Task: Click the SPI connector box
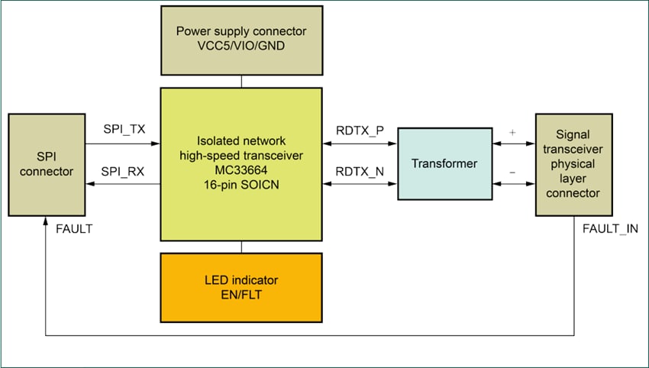coord(46,164)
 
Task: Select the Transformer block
coord(445,164)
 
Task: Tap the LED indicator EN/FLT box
coord(241,286)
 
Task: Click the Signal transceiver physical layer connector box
coord(573,164)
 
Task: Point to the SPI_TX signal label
coord(124,130)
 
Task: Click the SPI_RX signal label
coord(124,172)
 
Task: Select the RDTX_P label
coord(360,130)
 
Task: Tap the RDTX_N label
coord(360,172)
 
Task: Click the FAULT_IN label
coord(610,229)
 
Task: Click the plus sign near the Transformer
coord(512,131)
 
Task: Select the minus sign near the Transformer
coord(512,173)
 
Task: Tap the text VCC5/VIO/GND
coord(241,47)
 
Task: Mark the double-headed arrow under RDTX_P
coord(359,143)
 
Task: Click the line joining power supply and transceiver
coord(241,80)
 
